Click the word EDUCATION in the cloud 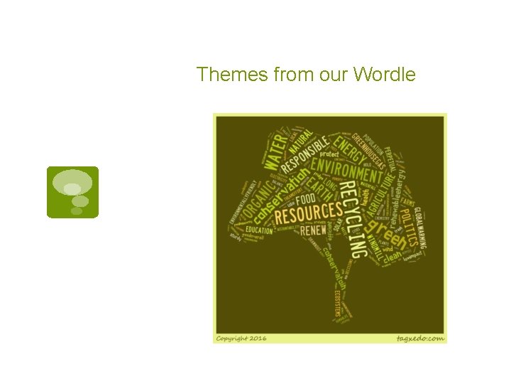(x=259, y=230)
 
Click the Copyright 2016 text (x=241, y=338)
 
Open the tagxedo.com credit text (x=420, y=338)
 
